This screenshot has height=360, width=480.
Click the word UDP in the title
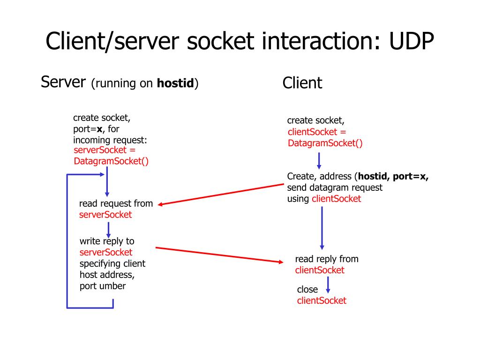(x=411, y=42)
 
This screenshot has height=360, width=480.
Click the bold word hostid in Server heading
(x=175, y=84)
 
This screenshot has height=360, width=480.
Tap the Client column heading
(x=302, y=83)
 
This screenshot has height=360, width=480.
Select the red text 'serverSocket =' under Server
(x=105, y=150)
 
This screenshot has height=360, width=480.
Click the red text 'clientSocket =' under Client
(x=317, y=132)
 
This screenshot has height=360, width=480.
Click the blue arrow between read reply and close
(x=328, y=285)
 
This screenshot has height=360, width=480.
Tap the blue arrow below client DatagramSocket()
(x=319, y=160)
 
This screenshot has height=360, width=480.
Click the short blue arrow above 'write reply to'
(x=108, y=229)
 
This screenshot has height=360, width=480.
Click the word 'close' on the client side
(x=307, y=290)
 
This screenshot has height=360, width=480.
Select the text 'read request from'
(x=116, y=203)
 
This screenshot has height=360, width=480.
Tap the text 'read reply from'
(x=326, y=259)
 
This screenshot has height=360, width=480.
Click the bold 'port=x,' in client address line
(x=410, y=176)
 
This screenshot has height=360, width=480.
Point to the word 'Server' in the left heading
(x=63, y=82)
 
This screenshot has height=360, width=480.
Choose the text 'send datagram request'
(x=335, y=187)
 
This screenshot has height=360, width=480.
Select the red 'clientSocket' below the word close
(x=322, y=301)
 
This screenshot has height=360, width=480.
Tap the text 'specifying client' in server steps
(x=112, y=263)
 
